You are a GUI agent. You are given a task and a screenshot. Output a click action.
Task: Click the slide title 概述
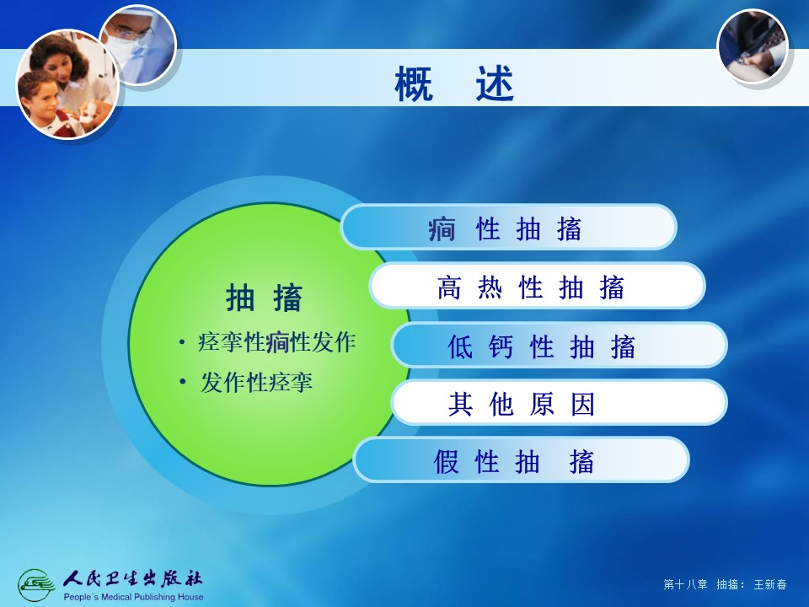(x=454, y=83)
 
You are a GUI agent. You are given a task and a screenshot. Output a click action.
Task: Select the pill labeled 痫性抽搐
(x=509, y=227)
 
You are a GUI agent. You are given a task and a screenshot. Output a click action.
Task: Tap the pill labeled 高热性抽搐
(x=537, y=286)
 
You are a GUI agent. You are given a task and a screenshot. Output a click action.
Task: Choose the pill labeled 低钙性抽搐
(x=560, y=345)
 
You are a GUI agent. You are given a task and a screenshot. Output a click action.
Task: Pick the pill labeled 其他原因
(x=560, y=402)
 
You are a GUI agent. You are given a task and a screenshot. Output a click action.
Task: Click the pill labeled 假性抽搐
(x=522, y=460)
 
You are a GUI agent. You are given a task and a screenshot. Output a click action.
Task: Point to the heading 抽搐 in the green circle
(x=264, y=298)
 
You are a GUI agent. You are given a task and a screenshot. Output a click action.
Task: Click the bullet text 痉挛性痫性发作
(x=276, y=342)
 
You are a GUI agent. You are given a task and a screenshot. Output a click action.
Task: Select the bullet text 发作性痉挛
(x=256, y=383)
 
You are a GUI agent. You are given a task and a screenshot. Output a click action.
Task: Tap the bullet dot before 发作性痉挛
(x=182, y=382)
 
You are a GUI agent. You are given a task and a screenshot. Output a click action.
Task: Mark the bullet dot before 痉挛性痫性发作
(x=182, y=341)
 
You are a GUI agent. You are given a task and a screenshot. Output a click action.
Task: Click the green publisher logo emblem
(x=36, y=585)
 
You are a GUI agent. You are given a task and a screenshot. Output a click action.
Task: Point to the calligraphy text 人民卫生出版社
(x=132, y=579)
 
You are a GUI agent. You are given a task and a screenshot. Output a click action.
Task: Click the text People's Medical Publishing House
(x=133, y=597)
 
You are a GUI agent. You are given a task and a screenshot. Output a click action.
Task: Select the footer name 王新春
(x=769, y=584)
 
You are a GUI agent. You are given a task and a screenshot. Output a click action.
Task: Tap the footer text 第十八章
(x=685, y=584)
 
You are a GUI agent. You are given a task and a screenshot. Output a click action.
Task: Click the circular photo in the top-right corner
(x=753, y=46)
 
